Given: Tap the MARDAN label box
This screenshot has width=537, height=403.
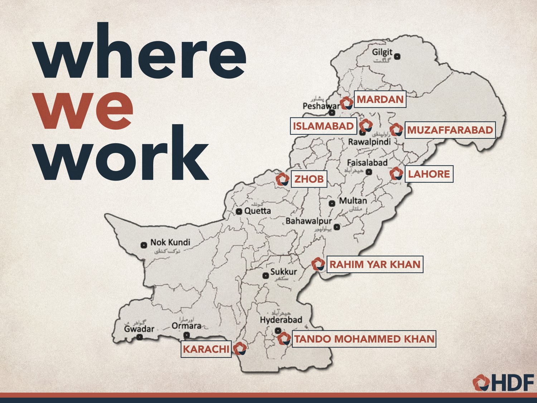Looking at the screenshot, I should (380, 99).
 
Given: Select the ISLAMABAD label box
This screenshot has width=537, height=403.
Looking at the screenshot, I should (323, 126).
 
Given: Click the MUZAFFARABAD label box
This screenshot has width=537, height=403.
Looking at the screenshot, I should (450, 130).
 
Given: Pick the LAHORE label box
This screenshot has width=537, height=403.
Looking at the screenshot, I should (429, 174).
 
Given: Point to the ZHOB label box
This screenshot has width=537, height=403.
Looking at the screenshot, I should (309, 179).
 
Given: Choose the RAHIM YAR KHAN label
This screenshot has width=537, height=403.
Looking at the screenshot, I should (375, 264).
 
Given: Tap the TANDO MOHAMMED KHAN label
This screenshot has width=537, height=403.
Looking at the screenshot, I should (364, 339).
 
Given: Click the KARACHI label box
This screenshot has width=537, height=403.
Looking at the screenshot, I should (206, 349).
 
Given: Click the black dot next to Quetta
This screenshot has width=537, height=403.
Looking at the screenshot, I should (239, 211).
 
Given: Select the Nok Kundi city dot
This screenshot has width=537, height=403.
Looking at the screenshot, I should (144, 245).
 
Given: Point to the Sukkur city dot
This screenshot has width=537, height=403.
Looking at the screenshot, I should (266, 275).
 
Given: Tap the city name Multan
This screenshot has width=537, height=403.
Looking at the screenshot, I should (353, 201).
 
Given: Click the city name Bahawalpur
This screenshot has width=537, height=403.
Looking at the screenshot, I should (308, 221).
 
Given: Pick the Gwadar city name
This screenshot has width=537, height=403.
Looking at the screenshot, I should (139, 329).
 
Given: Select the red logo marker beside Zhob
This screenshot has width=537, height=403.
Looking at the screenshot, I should (282, 179).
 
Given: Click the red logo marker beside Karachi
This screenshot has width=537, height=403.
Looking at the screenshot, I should (240, 348).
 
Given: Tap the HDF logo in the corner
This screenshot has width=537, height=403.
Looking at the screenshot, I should (503, 383).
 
